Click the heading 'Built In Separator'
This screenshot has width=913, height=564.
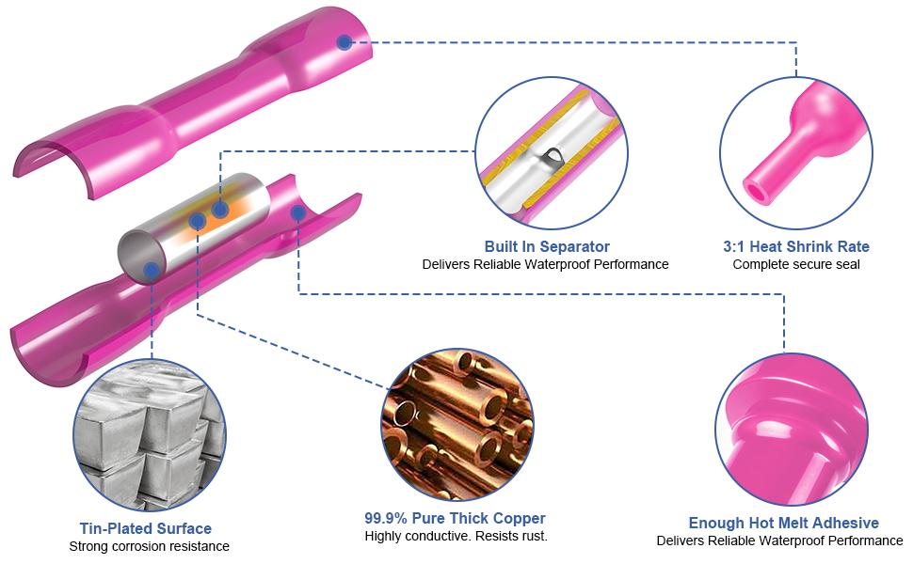coord(547,246)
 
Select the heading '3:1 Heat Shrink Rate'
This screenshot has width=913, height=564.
coord(796,246)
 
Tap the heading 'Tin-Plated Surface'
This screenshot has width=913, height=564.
coord(146,528)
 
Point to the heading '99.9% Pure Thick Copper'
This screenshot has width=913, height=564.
coord(455,518)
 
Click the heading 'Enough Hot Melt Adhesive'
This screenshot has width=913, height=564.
coord(784,523)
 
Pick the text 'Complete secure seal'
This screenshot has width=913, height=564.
coord(796,264)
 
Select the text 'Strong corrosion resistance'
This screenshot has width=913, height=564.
coord(149,546)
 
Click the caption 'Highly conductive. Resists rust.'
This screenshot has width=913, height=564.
coord(456,536)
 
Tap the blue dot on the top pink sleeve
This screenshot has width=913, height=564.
coord(344,42)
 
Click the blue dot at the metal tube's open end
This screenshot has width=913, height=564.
coord(152,270)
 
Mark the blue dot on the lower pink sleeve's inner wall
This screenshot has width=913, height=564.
coord(298,212)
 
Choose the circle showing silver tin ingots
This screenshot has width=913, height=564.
coord(150,435)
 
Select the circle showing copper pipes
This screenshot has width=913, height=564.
coord(457,425)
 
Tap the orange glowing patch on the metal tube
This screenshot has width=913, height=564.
coord(216,212)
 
